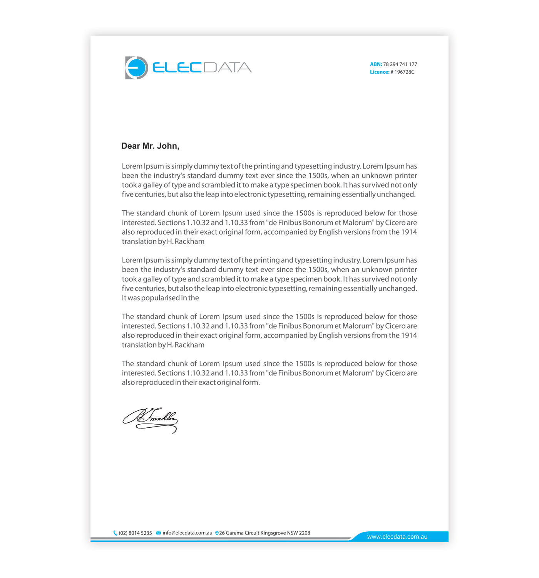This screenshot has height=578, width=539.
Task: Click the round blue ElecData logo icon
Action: coord(136,68)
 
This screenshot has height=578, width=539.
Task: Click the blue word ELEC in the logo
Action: coord(177,67)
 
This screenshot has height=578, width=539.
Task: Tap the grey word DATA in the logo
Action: coord(227,67)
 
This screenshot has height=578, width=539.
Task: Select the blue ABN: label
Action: coord(376,64)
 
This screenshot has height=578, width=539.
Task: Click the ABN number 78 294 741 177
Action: coord(400,64)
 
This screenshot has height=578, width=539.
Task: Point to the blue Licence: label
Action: coord(379,72)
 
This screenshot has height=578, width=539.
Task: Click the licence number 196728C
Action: coord(404,72)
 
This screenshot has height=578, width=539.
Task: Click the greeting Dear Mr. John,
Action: coord(150,146)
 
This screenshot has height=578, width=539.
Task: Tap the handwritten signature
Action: coord(150,420)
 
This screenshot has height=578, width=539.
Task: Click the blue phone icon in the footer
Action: coord(115,533)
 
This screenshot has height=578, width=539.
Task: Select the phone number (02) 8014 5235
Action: coord(135,533)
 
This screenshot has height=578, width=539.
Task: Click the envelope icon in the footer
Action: coord(159,533)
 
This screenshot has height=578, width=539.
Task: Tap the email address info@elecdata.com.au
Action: coord(187,533)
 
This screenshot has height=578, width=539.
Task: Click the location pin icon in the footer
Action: coord(217,533)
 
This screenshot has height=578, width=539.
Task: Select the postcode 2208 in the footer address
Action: coord(305,533)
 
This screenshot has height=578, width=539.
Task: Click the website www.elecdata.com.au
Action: coord(397,537)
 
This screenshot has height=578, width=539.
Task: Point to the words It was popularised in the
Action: coord(160,298)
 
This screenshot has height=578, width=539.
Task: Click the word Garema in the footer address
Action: coord(234,533)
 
